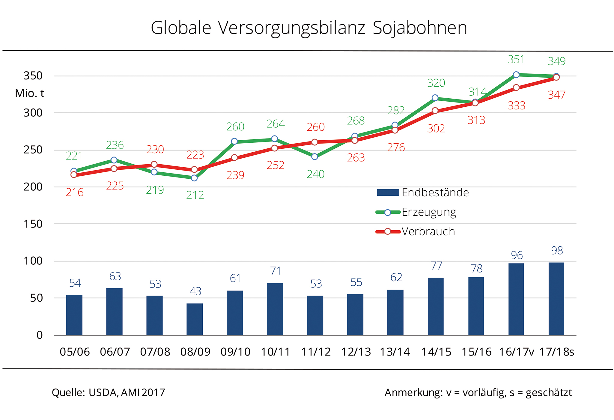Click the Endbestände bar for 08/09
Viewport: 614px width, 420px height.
[x=195, y=319]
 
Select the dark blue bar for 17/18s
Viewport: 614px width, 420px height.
[x=556, y=299]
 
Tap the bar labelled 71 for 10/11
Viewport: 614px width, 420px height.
[x=275, y=309]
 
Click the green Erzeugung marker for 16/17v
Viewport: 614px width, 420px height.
[x=516, y=75]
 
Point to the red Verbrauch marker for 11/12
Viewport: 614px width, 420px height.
[x=314, y=142]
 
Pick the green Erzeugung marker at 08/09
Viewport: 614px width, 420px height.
[x=194, y=178]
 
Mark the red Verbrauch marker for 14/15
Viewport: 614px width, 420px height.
[x=435, y=111]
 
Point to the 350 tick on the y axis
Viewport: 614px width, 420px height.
[x=33, y=76]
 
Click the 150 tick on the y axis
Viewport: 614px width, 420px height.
[x=33, y=224]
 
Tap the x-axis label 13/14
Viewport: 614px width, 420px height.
[x=395, y=352]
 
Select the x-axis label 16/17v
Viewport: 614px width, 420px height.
[x=516, y=352]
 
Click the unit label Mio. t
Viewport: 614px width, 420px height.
[x=29, y=94]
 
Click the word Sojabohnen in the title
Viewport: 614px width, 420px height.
[x=420, y=28]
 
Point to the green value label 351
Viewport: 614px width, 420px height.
[x=516, y=60]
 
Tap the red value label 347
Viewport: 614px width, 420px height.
[x=556, y=95]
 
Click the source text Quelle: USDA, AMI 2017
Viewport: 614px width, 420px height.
[x=108, y=392]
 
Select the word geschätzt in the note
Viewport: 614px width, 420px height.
[x=549, y=393]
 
